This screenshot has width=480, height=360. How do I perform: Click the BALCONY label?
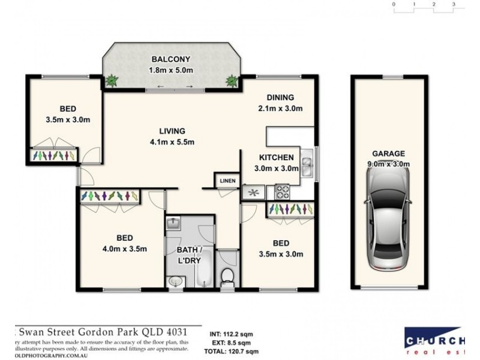171,59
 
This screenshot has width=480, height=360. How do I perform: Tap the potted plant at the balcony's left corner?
112,79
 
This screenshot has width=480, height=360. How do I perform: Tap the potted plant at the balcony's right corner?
231,80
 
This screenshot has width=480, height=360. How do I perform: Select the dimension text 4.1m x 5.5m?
172,142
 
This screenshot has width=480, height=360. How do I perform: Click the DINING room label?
280,98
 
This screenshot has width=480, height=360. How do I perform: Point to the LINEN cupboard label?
228,181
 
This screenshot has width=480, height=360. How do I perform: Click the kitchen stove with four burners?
282,192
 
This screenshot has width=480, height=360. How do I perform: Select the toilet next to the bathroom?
227,277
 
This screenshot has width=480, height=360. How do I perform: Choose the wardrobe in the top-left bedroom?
53,155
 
